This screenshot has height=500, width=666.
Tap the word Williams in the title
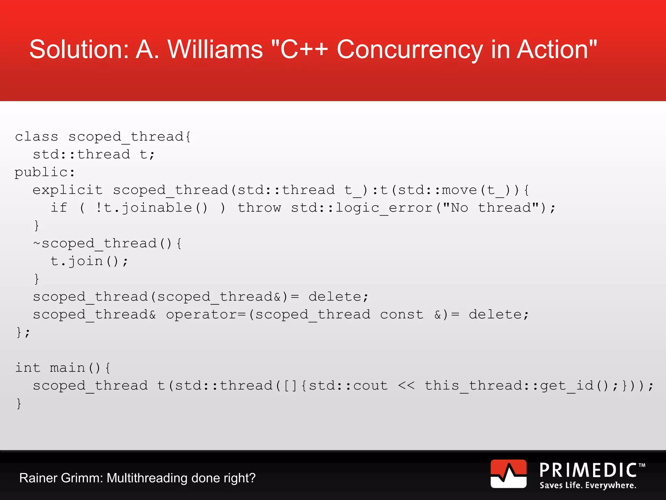[x=215, y=49]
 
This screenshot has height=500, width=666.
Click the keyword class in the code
[x=36, y=137]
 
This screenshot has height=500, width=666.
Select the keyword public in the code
[x=41, y=172]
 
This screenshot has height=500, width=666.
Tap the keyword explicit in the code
[x=68, y=190]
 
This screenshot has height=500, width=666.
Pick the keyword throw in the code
[x=259, y=208]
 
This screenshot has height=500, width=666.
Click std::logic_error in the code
[x=362, y=208]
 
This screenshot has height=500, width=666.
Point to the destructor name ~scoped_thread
[x=95, y=243]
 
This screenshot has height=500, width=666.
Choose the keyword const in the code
[x=402, y=315]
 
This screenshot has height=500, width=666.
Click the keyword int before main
[x=28, y=368]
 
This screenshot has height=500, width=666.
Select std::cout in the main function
[x=348, y=386]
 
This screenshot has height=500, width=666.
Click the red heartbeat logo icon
[x=508, y=474]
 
